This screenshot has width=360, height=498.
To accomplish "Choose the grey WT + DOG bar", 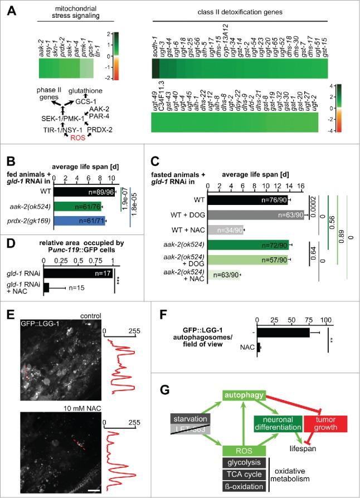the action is click(256, 214).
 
